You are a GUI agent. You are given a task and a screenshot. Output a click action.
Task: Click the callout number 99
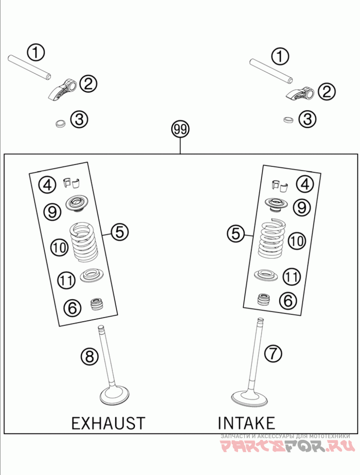pyautogui.click(x=180, y=130)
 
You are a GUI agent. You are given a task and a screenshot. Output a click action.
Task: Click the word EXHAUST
pyautogui.click(x=108, y=423)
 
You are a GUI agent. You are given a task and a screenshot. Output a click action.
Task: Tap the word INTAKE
pyautogui.click(x=246, y=423)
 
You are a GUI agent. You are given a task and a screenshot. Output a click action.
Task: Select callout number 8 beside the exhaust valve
pyautogui.click(x=89, y=356)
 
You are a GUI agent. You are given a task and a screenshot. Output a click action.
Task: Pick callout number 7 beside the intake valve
pyautogui.click(x=273, y=353)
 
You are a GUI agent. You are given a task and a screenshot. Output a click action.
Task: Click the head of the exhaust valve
pyautogui.click(x=115, y=396)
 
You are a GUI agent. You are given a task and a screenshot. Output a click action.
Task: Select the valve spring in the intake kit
pyautogui.click(x=273, y=238)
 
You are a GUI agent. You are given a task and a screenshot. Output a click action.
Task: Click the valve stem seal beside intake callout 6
pyautogui.click(x=264, y=299)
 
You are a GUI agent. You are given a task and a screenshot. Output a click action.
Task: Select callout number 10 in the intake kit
pyautogui.click(x=296, y=241)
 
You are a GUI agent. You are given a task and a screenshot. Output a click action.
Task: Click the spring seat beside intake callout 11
pyautogui.click(x=266, y=274)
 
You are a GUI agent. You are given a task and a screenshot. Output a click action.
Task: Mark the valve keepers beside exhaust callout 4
pyautogui.click(x=72, y=182)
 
